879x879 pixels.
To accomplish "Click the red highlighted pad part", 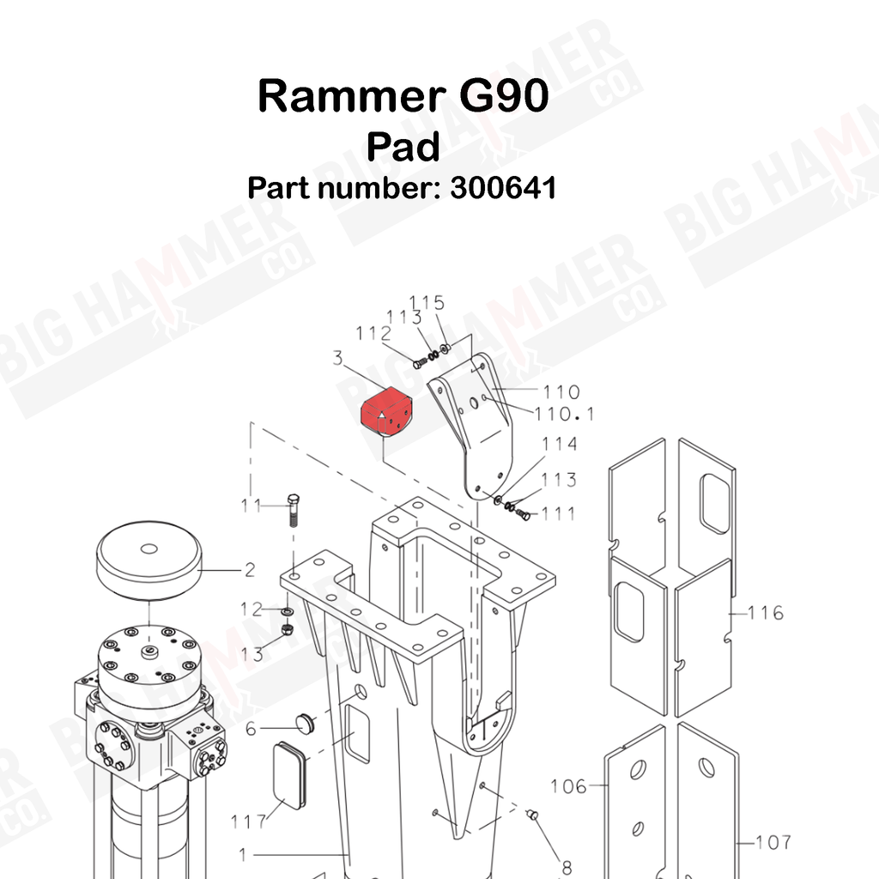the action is click(386, 412).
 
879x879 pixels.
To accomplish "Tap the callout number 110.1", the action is click(563, 415).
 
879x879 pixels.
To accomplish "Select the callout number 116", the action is click(766, 613).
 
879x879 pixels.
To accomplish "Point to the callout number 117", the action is click(248, 821).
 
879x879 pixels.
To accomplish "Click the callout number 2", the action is click(250, 570).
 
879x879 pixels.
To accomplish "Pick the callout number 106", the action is click(568, 786).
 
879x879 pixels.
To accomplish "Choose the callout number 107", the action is click(773, 842).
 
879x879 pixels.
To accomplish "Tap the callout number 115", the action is click(427, 303).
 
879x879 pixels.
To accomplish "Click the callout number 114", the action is click(559, 444).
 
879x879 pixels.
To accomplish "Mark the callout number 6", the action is click(251, 729).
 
